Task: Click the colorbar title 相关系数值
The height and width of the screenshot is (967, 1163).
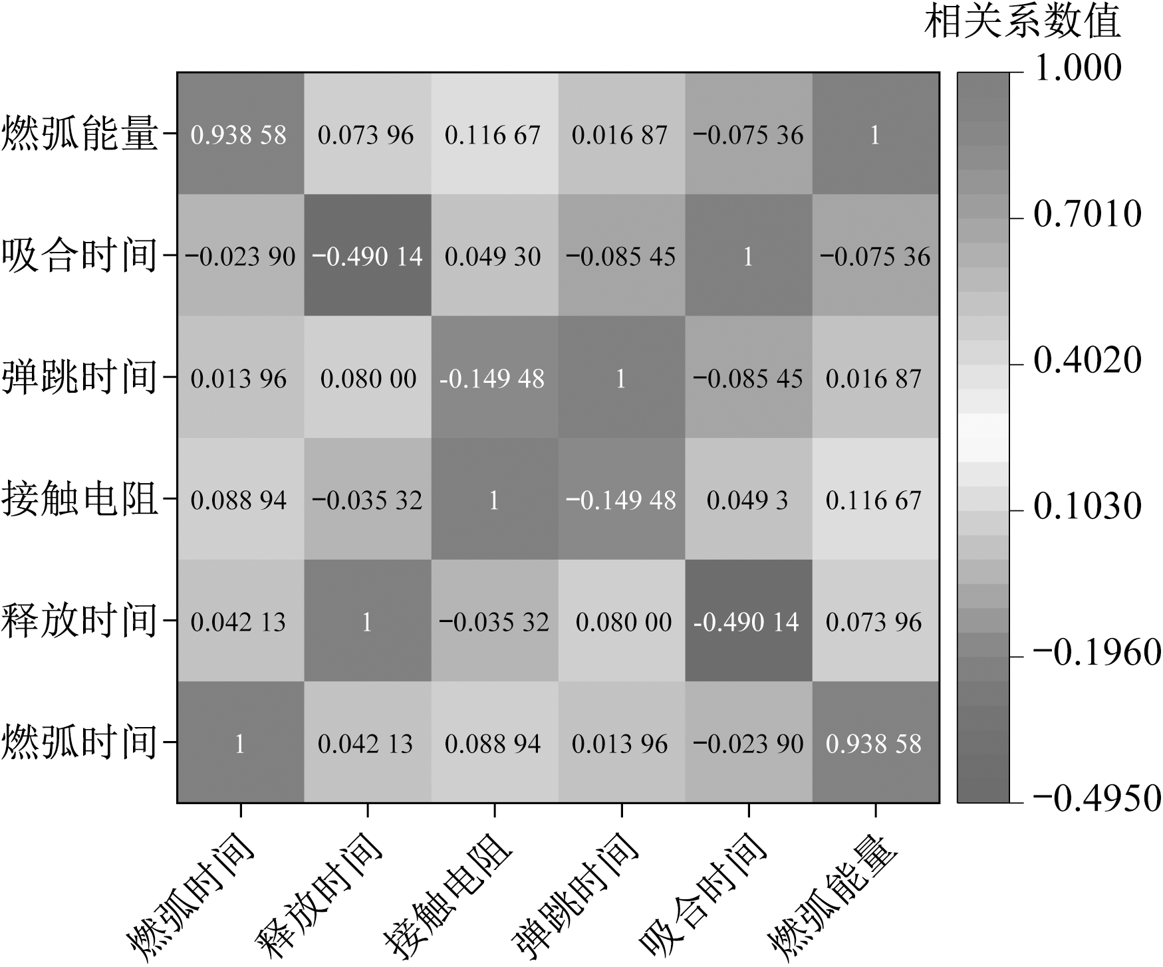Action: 1023,21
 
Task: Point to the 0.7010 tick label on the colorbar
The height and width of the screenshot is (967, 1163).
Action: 1087,214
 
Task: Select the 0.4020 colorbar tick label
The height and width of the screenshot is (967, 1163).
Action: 1087,360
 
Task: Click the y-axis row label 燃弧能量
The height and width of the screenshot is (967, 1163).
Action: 80,134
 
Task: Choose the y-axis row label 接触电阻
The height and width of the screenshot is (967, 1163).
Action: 80,499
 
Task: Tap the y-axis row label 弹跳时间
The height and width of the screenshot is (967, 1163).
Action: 80,377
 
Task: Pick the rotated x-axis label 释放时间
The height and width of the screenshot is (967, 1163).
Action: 319,897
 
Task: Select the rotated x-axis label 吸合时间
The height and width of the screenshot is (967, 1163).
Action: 702,897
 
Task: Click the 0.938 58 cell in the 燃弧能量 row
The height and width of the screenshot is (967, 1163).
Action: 239,135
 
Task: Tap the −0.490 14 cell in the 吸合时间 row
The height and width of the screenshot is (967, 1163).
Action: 367,257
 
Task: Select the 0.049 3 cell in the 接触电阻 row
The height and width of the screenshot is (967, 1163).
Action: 747,500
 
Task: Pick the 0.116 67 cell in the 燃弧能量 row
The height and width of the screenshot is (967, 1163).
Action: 493,135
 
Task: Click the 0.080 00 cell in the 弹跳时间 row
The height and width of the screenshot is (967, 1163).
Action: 368,379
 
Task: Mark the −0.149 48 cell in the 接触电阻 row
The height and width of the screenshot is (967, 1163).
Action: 620,500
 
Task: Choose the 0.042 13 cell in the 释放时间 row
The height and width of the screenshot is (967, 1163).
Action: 238,622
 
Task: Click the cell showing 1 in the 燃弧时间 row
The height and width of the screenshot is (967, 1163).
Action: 240,743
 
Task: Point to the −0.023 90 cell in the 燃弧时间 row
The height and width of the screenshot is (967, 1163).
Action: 748,743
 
